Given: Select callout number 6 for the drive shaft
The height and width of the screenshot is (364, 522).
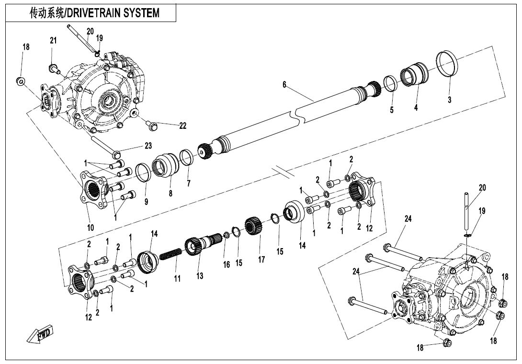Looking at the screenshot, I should click(284, 85).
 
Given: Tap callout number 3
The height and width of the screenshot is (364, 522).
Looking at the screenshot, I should click(449, 100).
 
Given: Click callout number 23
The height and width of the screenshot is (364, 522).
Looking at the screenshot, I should click(148, 146).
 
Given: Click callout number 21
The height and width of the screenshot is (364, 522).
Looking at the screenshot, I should click(53, 41).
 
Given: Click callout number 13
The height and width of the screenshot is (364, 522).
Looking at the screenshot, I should click(200, 276).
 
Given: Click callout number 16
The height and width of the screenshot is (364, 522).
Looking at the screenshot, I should click(227, 264).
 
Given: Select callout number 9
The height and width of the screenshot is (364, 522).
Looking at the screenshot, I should click(146, 202).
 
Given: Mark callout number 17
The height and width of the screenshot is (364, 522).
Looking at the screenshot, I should click(261, 260).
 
